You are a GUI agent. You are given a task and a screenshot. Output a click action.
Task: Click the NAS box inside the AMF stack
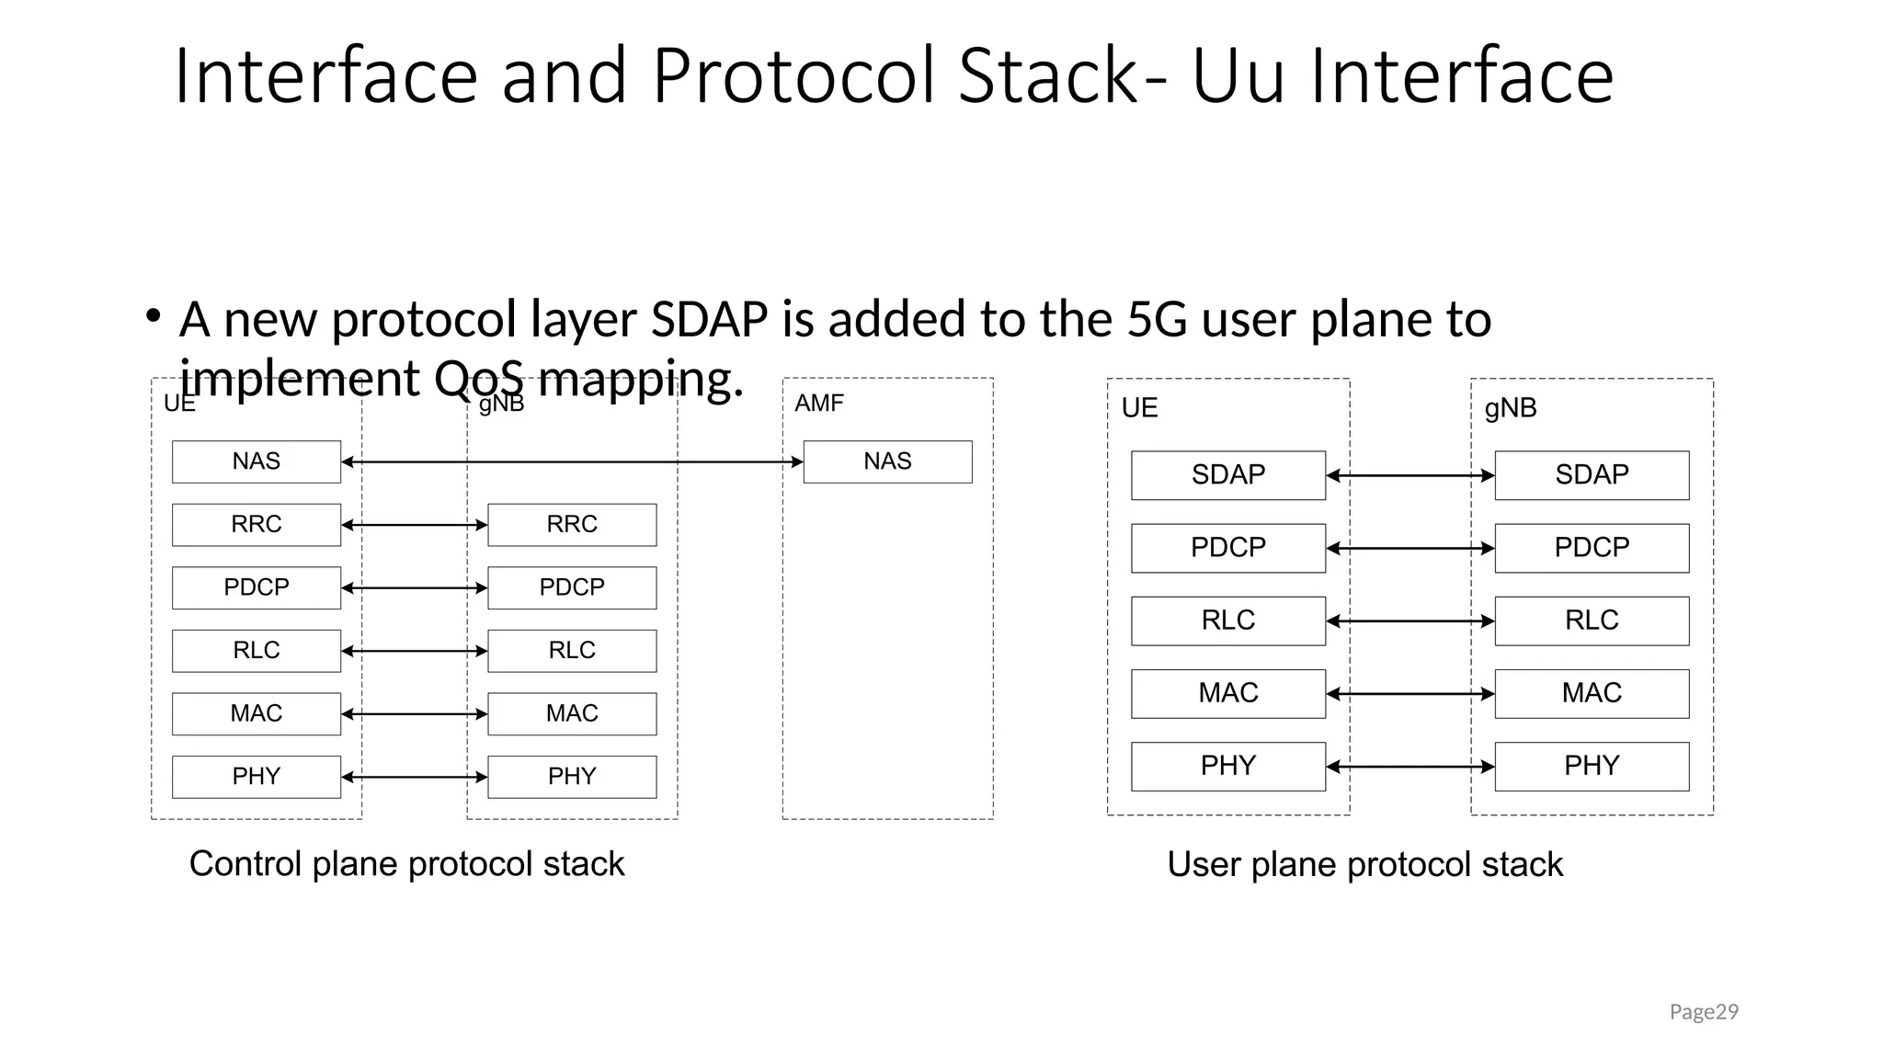pyautogui.click(x=887, y=461)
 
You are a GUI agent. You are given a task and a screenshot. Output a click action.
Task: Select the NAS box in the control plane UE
pyautogui.click(x=256, y=461)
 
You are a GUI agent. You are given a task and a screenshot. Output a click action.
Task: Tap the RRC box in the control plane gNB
pyautogui.click(x=572, y=525)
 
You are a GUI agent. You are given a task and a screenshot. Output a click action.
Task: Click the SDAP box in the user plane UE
pyautogui.click(x=1227, y=475)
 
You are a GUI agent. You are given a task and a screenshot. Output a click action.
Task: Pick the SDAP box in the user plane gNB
pyautogui.click(x=1592, y=475)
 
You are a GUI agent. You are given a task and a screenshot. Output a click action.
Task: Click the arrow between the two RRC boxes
pyautogui.click(x=414, y=525)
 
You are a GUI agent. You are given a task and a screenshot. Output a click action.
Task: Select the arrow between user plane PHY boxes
pyautogui.click(x=1410, y=767)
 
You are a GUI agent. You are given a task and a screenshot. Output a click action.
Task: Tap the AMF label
pyautogui.click(x=818, y=403)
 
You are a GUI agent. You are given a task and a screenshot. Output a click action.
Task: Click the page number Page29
pyautogui.click(x=1703, y=1012)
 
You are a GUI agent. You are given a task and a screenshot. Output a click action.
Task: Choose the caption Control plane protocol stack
pyautogui.click(x=406, y=864)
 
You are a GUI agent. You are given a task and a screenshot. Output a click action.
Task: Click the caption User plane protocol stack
pyautogui.click(x=1364, y=865)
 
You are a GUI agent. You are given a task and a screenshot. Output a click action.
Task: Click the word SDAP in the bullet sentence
pyautogui.click(x=709, y=320)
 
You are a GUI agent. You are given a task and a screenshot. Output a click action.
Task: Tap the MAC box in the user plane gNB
pyautogui.click(x=1592, y=693)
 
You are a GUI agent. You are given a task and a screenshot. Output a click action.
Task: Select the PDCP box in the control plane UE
pyautogui.click(x=256, y=587)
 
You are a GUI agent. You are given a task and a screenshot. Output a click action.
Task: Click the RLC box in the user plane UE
pyautogui.click(x=1227, y=621)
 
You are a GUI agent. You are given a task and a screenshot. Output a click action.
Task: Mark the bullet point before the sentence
pyautogui.click(x=154, y=317)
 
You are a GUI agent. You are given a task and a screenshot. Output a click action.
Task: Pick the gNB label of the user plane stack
pyautogui.click(x=1510, y=408)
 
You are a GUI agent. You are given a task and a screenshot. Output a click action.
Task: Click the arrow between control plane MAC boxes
pyautogui.click(x=414, y=713)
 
